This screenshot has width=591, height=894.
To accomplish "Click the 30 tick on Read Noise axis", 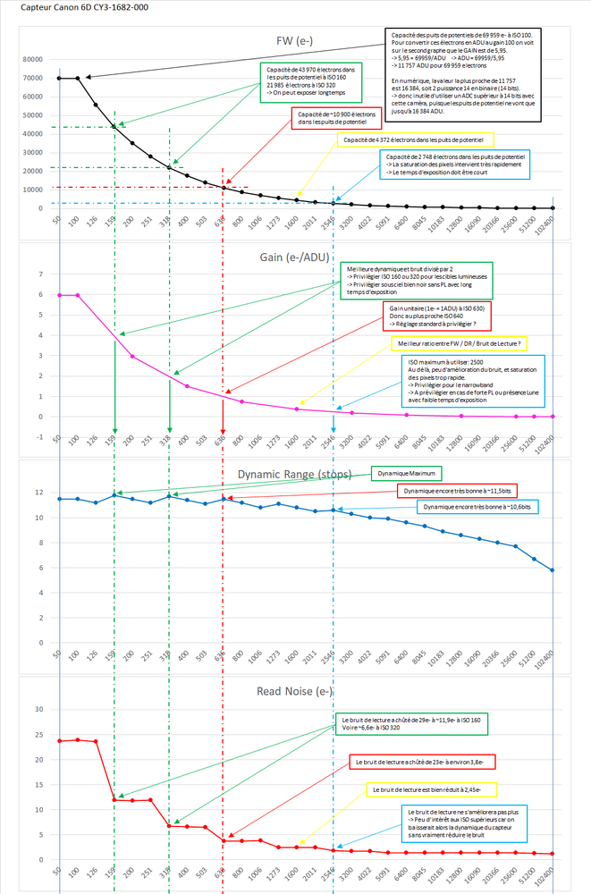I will tap(37, 710).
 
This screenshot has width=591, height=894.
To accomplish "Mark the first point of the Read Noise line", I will tap(59, 741).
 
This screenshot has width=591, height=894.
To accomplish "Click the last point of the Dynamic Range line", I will tap(554, 570).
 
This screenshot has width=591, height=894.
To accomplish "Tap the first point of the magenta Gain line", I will tap(59, 295).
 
